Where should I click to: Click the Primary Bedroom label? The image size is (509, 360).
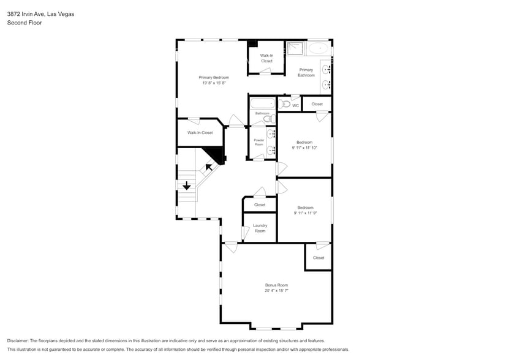point(214,77)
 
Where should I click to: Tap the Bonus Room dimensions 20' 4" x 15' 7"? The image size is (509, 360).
point(276,291)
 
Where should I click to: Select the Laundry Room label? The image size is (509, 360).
point(260,228)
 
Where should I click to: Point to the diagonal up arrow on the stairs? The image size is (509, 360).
point(209,165)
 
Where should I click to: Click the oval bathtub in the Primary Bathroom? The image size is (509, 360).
point(318,48)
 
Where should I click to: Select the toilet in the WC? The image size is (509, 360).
point(284,105)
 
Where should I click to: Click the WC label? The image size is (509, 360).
point(295,106)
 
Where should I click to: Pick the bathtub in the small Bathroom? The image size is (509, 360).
point(262,103)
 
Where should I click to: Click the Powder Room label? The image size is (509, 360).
point(259,142)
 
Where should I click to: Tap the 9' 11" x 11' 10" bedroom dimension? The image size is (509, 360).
point(304,148)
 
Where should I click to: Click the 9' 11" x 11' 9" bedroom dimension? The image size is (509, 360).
point(305,213)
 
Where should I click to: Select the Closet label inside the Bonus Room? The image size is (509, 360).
point(318,258)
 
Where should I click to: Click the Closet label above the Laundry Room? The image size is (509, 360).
point(260,204)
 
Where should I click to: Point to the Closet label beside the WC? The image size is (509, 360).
point(317,104)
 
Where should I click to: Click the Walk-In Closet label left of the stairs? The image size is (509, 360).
point(200,132)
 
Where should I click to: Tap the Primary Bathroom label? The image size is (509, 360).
point(306,72)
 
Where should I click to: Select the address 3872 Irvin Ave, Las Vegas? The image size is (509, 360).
point(40,13)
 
